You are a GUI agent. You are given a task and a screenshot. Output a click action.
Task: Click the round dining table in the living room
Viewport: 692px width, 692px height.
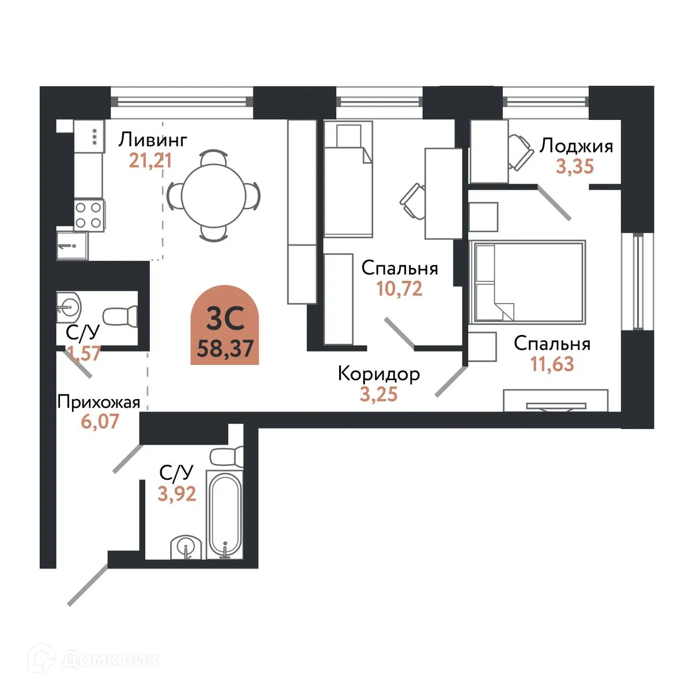214,195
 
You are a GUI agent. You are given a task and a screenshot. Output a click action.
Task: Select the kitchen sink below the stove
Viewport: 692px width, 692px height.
72,246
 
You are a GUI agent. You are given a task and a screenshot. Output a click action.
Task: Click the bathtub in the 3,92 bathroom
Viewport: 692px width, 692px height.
224,514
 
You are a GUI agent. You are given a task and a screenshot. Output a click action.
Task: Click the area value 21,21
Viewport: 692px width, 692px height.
151,161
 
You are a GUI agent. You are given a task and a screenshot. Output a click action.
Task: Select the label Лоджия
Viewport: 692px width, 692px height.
576,146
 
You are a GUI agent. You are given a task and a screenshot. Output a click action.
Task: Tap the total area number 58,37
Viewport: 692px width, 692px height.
225,348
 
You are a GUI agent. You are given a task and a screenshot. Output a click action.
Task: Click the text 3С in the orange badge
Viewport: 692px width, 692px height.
225,318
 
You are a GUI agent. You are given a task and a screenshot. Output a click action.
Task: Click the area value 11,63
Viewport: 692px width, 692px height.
552,364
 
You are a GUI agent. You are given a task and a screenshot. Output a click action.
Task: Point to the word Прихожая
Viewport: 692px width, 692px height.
99,402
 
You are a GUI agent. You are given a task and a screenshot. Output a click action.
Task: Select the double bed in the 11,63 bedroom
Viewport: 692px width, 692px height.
528,281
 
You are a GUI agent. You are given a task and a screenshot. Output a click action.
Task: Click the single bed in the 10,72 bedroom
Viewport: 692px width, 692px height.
348,179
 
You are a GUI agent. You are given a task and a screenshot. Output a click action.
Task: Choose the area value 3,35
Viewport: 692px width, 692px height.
575,166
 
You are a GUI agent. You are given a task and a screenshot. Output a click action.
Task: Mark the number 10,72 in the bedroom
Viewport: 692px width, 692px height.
399,288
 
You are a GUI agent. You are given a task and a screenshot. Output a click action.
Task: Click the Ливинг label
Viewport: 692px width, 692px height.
153,140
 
